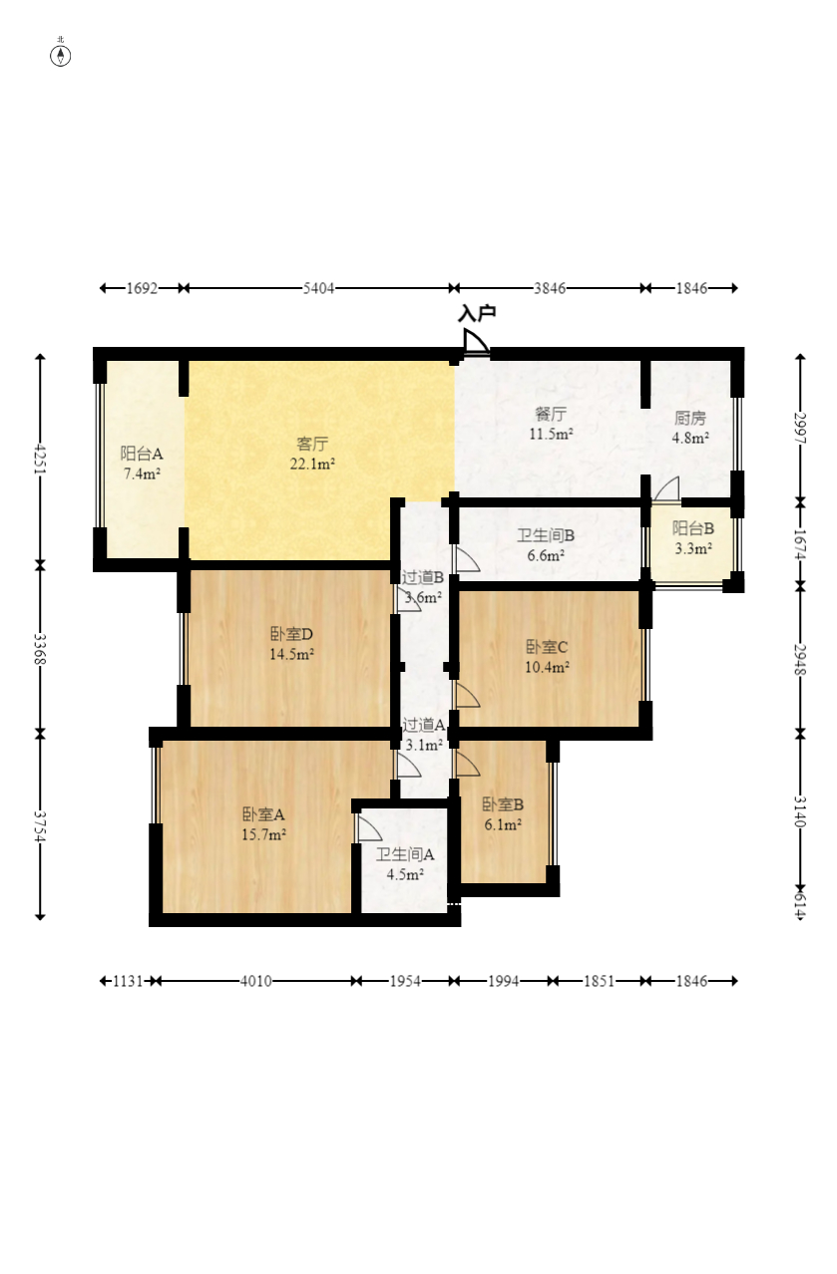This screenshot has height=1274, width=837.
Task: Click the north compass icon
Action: click(60, 55)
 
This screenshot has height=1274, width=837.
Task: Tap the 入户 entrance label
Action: click(477, 313)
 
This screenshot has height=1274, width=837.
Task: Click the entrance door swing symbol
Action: click(476, 342)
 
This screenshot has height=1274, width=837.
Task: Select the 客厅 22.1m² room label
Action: click(312, 454)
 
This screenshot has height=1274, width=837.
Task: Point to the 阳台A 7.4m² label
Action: click(142, 464)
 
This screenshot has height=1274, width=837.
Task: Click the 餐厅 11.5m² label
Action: click(551, 424)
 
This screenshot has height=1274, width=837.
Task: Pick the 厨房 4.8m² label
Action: click(690, 428)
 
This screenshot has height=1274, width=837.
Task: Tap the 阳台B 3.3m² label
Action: click(693, 538)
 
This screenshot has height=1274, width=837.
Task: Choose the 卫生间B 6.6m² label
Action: click(545, 545)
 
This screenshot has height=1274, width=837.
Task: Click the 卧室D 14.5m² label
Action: click(291, 644)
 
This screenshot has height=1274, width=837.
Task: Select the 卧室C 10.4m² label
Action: click(547, 656)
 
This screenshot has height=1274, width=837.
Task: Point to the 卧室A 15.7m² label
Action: click(263, 824)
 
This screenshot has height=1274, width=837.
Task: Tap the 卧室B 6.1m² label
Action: click(503, 813)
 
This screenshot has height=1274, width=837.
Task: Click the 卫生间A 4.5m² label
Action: click(405, 864)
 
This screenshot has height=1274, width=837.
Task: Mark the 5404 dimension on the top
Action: click(318, 288)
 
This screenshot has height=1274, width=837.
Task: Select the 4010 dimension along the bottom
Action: click(255, 981)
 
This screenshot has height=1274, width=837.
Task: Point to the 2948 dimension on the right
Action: click(800, 660)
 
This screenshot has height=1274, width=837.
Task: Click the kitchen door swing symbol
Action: click(666, 489)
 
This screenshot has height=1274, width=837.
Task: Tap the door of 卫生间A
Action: click(369, 828)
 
